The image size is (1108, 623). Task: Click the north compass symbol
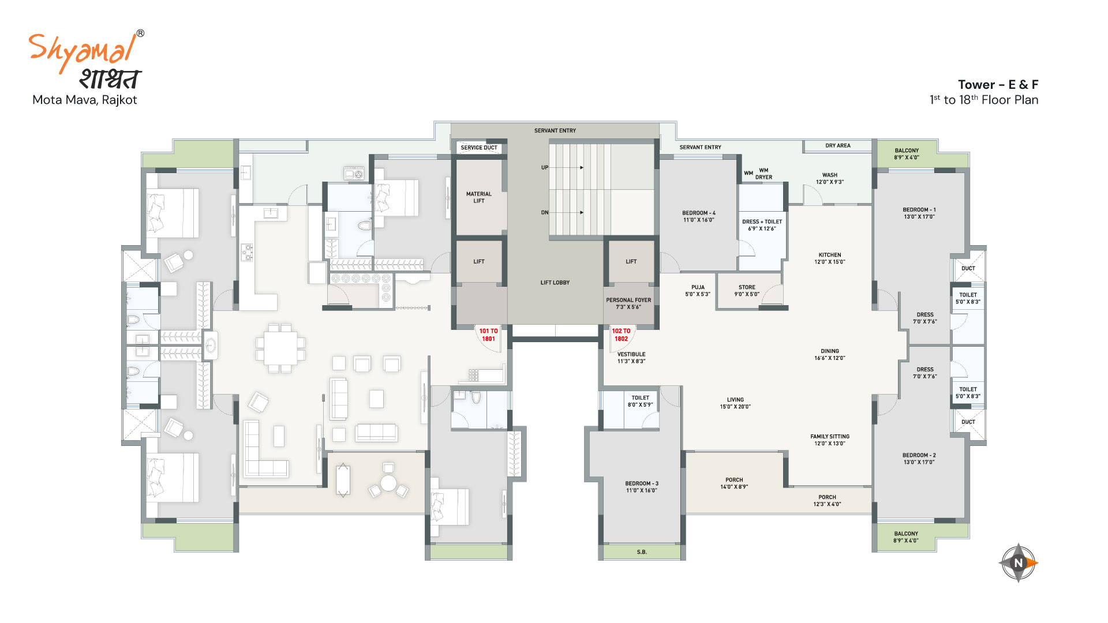(1019, 563)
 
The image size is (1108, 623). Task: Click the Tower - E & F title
(998, 85)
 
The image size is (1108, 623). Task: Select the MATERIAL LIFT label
(479, 197)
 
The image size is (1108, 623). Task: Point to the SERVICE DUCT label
(479, 148)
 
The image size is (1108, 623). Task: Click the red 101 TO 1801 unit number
(488, 335)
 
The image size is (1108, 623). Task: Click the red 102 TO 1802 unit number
(621, 335)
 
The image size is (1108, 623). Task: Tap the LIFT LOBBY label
(555, 283)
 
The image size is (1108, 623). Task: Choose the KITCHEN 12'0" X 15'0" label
(830, 258)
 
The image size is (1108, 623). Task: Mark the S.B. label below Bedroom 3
(642, 552)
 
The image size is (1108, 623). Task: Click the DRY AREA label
(838, 146)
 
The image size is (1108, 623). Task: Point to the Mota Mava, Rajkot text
(85, 100)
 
